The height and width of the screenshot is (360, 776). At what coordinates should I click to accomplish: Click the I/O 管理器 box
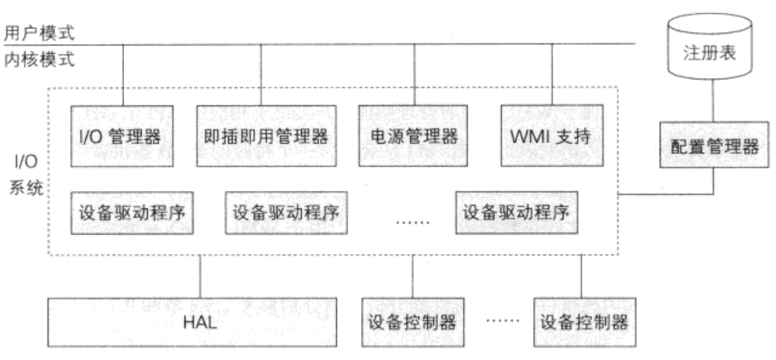[x=122, y=136]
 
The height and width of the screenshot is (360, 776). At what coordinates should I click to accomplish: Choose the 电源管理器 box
[x=413, y=136]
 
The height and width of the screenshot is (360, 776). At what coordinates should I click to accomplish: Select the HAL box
[x=199, y=321]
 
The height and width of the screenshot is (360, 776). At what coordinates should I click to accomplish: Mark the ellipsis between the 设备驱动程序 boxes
[x=413, y=222]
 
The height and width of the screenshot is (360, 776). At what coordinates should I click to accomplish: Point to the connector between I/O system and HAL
[x=199, y=276]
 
